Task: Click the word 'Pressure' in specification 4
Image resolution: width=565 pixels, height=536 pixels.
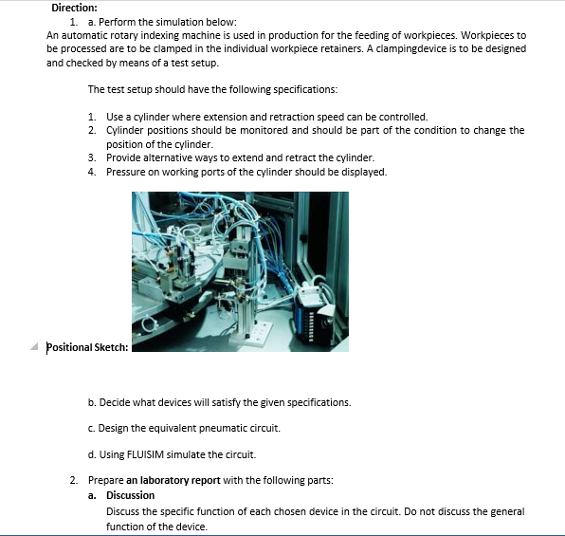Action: (x=126, y=172)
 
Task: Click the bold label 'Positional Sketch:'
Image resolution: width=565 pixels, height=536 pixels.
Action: (x=87, y=346)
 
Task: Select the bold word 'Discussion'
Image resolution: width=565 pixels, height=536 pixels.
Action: (x=130, y=495)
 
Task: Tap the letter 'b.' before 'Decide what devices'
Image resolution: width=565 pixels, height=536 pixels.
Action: (x=91, y=402)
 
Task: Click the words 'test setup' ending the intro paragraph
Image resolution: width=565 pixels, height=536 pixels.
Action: (x=193, y=63)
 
